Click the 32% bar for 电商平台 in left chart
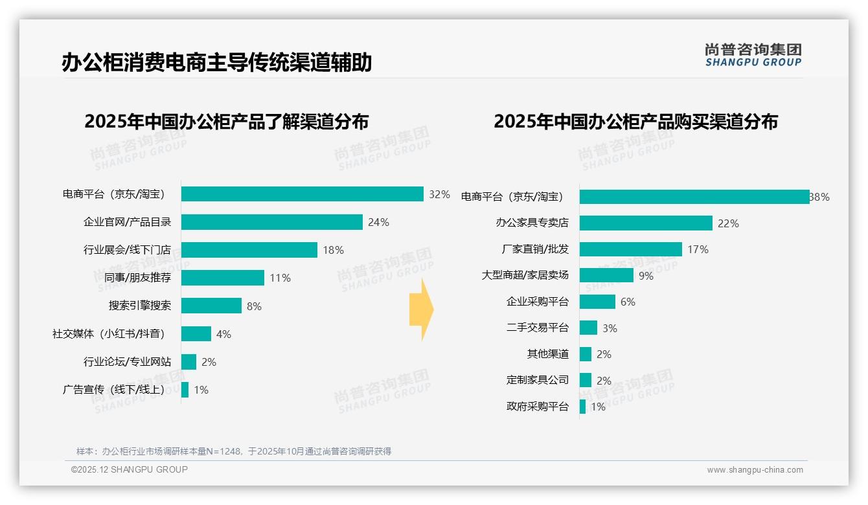click(302, 194)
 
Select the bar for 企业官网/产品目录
click(271, 222)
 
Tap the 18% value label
click(333, 250)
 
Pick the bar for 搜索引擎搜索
click(211, 306)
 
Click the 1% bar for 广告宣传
click(185, 390)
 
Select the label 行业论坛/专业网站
click(127, 362)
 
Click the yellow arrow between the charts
click(421, 309)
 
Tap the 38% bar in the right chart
click(694, 197)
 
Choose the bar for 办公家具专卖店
click(646, 223)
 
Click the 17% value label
click(698, 249)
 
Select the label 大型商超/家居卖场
click(525, 275)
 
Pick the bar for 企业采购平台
click(597, 302)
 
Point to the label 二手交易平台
click(537, 328)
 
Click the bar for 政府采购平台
click(582, 407)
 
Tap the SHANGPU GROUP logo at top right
click(753, 55)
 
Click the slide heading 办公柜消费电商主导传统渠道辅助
click(216, 63)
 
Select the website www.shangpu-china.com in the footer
click(755, 470)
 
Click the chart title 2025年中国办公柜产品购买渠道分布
click(635, 122)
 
